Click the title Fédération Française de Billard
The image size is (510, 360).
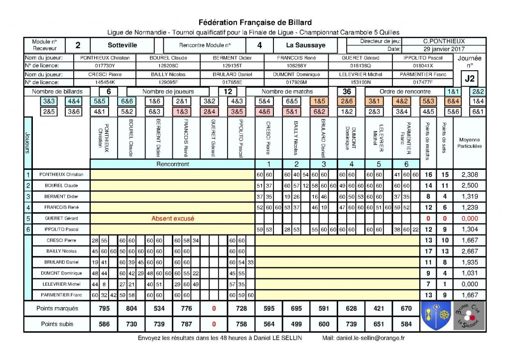tap(255, 22)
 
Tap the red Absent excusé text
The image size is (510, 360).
tap(173, 218)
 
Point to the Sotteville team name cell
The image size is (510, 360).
tap(122, 45)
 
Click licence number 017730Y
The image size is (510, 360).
tap(105, 66)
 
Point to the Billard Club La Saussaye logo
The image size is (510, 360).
tap(466, 316)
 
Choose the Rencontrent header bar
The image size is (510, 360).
tap(173, 164)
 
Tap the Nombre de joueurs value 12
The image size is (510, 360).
tap(228, 92)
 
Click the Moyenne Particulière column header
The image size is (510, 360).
tap(470, 143)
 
